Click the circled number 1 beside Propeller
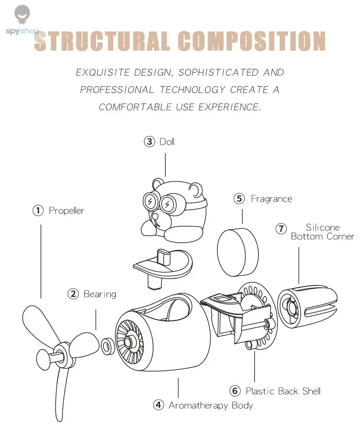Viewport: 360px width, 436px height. point(37,211)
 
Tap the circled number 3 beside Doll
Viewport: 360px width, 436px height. point(149,142)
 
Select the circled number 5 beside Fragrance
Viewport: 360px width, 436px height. point(240,199)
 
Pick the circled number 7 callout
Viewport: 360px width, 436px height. point(281,228)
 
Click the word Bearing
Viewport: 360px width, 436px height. point(100,294)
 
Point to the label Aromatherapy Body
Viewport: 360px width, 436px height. point(211,405)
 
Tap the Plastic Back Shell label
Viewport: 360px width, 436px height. point(283,391)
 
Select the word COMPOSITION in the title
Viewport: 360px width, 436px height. point(252,41)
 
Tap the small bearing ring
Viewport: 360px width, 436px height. point(108,346)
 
